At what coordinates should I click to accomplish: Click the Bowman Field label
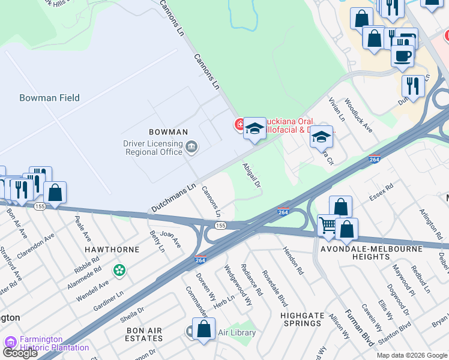49,98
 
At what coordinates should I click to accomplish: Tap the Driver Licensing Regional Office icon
191,147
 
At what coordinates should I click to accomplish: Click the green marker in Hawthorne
120,271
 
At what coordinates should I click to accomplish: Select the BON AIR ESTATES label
144,335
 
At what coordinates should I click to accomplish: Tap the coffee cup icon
402,56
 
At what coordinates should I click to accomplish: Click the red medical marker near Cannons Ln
240,125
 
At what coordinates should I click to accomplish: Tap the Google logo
20,353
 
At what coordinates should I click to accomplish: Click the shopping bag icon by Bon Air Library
203,329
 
